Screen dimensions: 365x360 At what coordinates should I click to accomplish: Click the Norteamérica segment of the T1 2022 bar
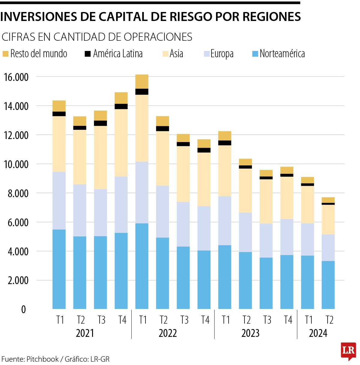coord(142,266)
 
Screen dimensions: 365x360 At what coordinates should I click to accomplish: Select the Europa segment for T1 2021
coord(59,200)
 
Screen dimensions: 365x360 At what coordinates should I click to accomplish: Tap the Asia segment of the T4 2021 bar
coord(121,143)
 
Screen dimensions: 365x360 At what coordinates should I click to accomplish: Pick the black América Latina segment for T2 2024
coord(328,204)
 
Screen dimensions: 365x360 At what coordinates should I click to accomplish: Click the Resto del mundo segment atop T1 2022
coord(142,82)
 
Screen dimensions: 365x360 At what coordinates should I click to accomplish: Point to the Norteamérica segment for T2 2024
coord(328,285)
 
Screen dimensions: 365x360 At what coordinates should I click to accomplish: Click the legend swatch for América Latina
coord(88,54)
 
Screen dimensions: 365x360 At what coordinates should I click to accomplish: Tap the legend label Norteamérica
coord(282,54)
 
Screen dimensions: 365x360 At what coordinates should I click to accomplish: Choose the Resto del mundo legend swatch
coord(5,54)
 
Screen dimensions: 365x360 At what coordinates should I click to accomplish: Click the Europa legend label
coord(222,54)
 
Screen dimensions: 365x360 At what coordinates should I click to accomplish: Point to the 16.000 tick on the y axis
coord(16,77)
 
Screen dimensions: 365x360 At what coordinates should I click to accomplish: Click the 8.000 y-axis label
coord(18,194)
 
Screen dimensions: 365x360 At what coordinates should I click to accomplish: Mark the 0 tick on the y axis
coord(23,310)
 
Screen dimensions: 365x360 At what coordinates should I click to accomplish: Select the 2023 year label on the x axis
coord(250,333)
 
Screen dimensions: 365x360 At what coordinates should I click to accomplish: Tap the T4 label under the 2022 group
coord(205,320)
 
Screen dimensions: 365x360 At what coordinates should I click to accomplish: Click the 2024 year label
coord(318,333)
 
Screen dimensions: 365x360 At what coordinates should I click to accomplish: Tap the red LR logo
coord(348,351)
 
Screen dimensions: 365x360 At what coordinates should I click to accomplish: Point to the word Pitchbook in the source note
coord(43,359)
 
